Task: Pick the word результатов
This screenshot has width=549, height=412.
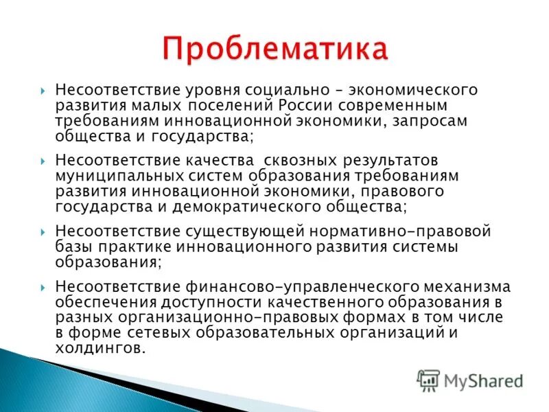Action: (389, 160)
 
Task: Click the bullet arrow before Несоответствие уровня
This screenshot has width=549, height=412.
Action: (43, 91)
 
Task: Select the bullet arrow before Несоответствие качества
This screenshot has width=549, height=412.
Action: (43, 160)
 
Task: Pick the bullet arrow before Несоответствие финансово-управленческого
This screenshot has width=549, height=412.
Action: (43, 286)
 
